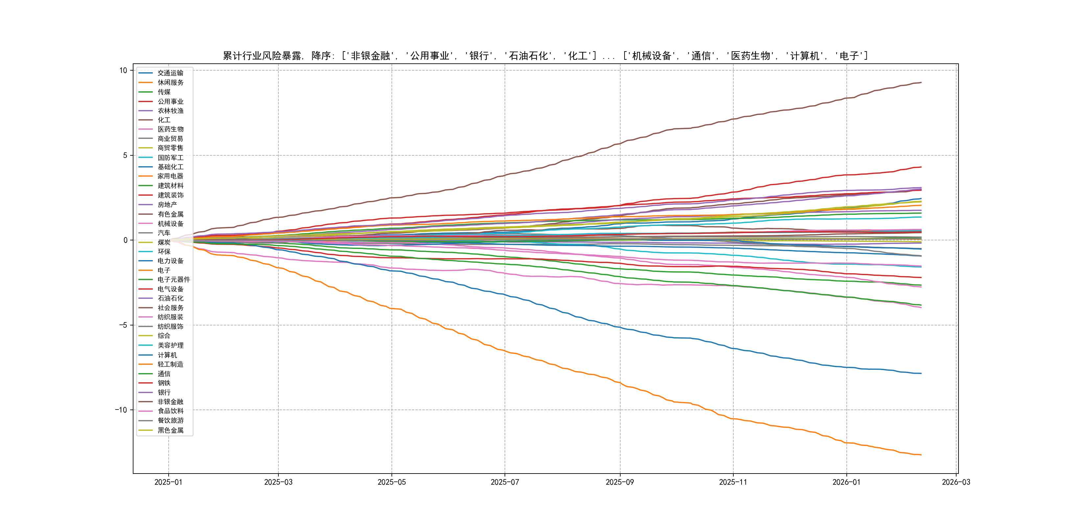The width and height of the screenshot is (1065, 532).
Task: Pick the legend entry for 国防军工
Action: pyautogui.click(x=170, y=158)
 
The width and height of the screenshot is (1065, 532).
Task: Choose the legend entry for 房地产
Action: pyautogui.click(x=167, y=205)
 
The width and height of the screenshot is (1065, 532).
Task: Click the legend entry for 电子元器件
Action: pyautogui.click(x=173, y=280)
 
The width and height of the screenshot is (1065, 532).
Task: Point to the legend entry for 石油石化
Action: pyautogui.click(x=170, y=298)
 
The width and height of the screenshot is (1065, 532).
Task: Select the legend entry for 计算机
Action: pyautogui.click(x=167, y=355)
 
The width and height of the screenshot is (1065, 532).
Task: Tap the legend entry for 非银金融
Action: pyautogui.click(x=170, y=402)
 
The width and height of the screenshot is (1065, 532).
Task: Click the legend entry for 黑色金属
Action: pyautogui.click(x=170, y=430)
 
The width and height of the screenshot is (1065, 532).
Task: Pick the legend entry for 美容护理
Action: pyautogui.click(x=170, y=345)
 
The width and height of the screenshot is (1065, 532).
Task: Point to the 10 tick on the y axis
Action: pyautogui.click(x=123, y=70)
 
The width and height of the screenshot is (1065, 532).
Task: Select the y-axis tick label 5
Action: pyautogui.click(x=125, y=155)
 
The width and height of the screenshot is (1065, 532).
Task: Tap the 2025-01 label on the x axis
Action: pyautogui.click(x=168, y=482)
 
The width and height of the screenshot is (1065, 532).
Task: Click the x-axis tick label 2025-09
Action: pyautogui.click(x=619, y=482)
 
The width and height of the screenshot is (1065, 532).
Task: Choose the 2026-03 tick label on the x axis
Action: pyautogui.click(x=956, y=482)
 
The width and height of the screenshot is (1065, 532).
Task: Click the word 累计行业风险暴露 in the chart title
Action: pyautogui.click(x=262, y=56)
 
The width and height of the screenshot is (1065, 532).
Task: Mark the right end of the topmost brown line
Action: pyautogui.click(x=921, y=83)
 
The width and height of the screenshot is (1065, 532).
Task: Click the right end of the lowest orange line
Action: pyautogui.click(x=921, y=455)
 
